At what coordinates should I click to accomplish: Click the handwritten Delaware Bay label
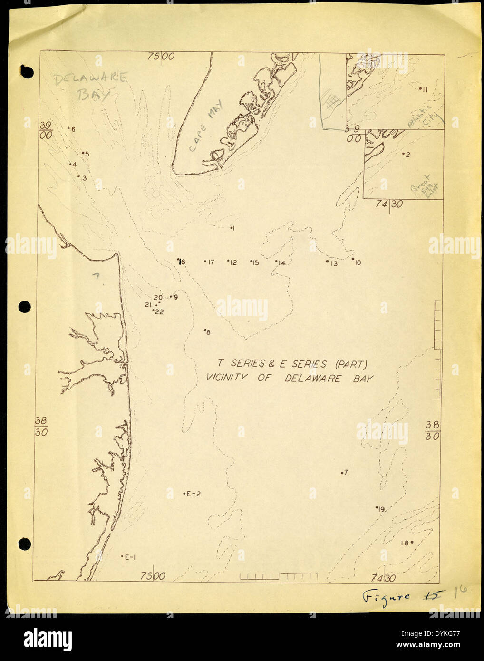[x=89, y=85]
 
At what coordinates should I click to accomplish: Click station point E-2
[x=192, y=494]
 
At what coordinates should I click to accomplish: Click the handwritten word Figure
[x=385, y=597]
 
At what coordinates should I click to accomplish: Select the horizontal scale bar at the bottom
[x=278, y=577]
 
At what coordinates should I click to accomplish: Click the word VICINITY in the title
[x=227, y=379]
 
